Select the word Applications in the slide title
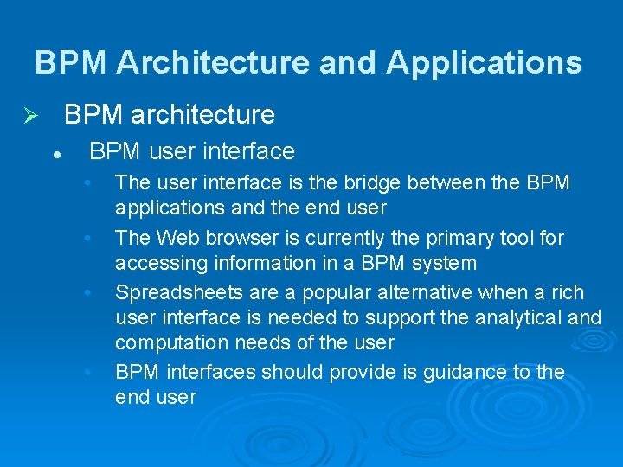point(484,63)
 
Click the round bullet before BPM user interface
point(55,153)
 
